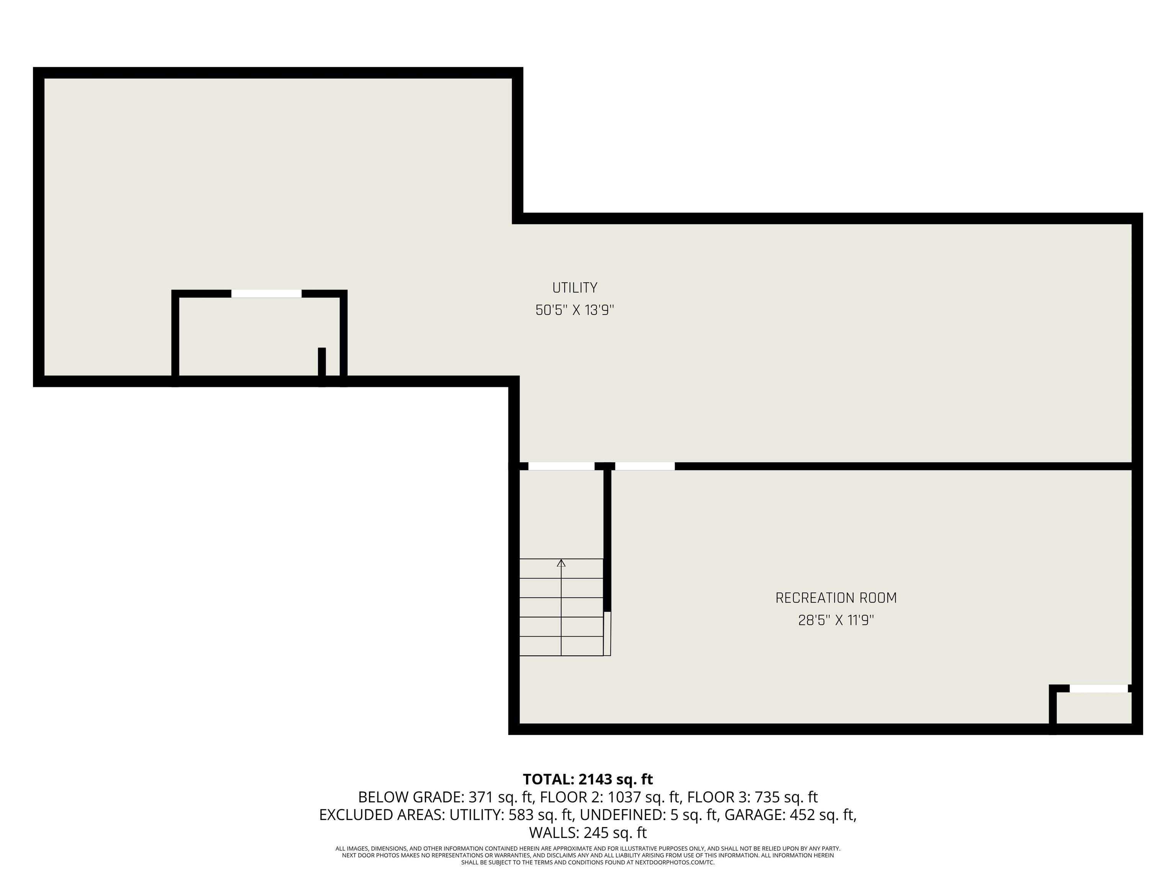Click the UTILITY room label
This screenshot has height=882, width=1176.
[575, 287]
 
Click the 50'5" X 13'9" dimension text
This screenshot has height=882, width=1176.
[575, 310]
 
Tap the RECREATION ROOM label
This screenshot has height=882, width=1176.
[836, 598]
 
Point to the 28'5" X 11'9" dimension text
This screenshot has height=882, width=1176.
[836, 621]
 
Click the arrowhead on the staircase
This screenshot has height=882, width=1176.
[561, 562]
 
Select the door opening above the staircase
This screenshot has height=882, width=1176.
[562, 466]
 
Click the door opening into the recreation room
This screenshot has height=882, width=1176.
[645, 466]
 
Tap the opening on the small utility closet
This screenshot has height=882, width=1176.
[266, 294]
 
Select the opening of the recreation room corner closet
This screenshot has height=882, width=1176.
[1098, 688]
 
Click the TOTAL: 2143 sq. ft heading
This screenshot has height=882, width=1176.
[588, 779]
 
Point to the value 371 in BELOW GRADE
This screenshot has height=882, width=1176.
[480, 797]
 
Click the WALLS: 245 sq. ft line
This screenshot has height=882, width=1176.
[588, 833]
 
